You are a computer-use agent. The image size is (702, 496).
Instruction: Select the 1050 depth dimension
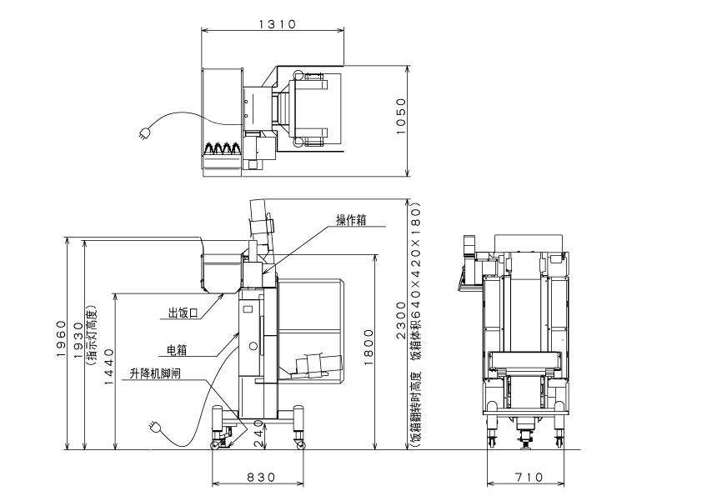[400, 120]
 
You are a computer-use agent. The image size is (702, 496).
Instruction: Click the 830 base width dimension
[261, 477]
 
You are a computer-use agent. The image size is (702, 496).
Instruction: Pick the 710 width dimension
[527, 477]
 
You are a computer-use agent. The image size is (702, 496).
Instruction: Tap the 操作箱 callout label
[351, 220]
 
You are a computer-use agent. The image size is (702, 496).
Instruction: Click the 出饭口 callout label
[183, 313]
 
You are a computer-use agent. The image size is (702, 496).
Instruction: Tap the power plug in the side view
[154, 426]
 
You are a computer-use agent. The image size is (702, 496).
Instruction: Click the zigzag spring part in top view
[223, 149]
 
